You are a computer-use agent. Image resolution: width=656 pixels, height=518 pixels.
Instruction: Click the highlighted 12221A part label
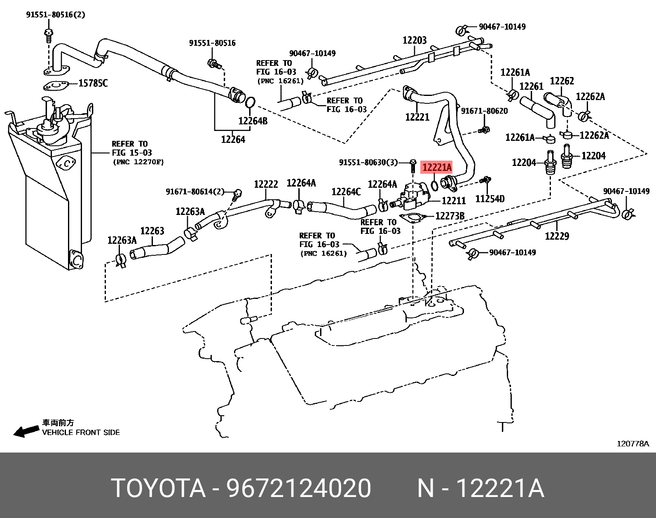click(437, 168)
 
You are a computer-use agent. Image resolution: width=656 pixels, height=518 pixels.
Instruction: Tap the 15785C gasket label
click(93, 84)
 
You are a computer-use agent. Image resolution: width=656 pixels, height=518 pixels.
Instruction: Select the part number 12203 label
click(415, 40)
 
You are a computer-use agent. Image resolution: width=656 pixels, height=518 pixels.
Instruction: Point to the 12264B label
click(253, 121)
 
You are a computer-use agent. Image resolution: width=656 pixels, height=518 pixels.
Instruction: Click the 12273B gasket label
click(450, 216)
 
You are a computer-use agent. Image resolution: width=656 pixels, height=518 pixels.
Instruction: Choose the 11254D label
click(490, 199)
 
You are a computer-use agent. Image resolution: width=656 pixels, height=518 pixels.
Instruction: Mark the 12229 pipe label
click(557, 236)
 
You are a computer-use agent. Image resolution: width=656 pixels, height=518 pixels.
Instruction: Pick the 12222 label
click(266, 185)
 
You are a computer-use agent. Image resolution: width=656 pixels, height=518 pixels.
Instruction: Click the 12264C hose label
click(346, 192)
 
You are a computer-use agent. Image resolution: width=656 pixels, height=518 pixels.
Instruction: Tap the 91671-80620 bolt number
click(484, 111)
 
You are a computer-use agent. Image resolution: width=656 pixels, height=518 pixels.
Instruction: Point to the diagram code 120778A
click(633, 443)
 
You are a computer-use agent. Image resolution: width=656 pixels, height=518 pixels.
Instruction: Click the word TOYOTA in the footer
click(159, 489)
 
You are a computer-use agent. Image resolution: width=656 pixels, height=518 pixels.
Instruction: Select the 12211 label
click(453, 201)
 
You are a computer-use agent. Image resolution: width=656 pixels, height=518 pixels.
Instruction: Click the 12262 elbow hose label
click(562, 81)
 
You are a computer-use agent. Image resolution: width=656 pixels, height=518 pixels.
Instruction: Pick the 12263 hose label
click(152, 231)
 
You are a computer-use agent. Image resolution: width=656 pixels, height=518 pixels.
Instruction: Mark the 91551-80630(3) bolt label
click(368, 163)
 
